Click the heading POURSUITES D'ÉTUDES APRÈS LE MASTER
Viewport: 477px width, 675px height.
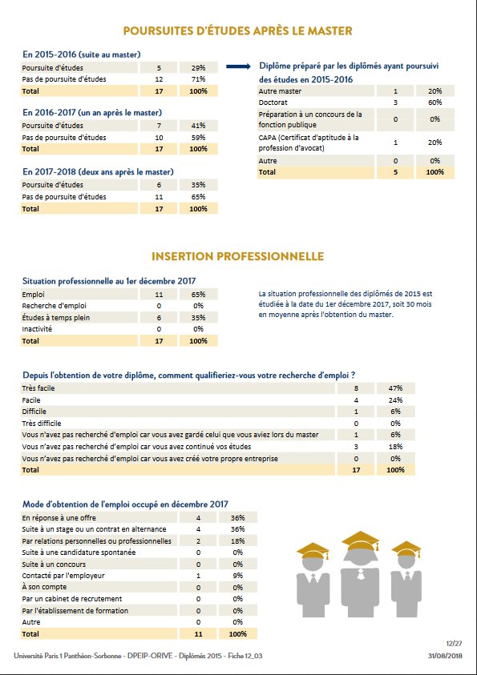pos(237,31)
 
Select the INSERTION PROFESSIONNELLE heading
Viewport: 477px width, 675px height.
pos(237,256)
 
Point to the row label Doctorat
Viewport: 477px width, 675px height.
pos(273,103)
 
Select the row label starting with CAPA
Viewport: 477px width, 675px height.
pos(309,142)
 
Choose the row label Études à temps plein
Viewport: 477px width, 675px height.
pos(56,317)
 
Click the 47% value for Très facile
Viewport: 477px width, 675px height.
pos(395,388)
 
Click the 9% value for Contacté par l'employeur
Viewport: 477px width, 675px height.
pos(237,576)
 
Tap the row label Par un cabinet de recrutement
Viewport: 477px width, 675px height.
pos(71,598)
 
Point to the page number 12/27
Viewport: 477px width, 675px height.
pos(454,643)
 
